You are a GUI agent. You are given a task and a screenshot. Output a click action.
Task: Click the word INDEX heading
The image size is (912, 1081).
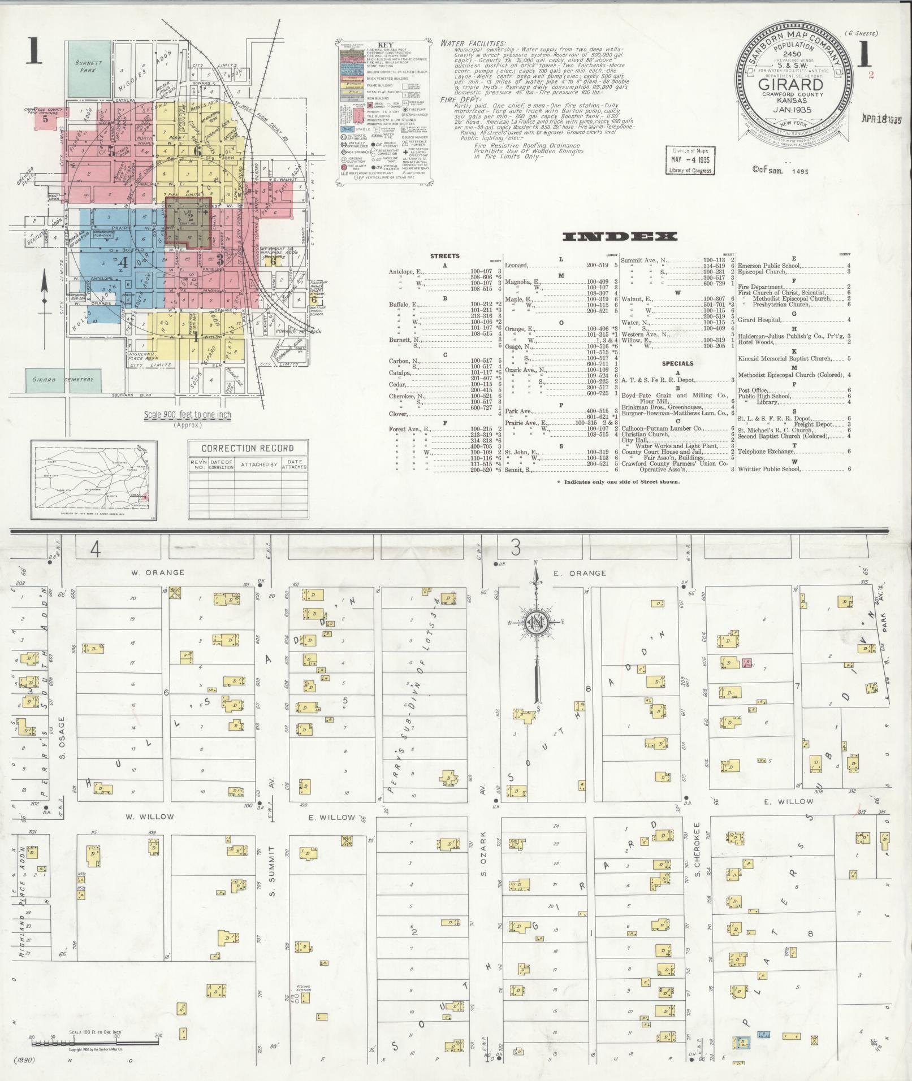coord(620,237)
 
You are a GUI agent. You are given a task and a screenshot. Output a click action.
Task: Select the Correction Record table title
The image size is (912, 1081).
coord(248,448)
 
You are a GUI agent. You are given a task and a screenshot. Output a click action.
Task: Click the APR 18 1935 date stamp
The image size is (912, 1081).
coord(881,119)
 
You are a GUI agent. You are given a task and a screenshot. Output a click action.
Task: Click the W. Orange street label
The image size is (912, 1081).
coord(158,572)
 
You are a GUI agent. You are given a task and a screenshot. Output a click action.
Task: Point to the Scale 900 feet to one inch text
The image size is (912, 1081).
coord(187,415)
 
